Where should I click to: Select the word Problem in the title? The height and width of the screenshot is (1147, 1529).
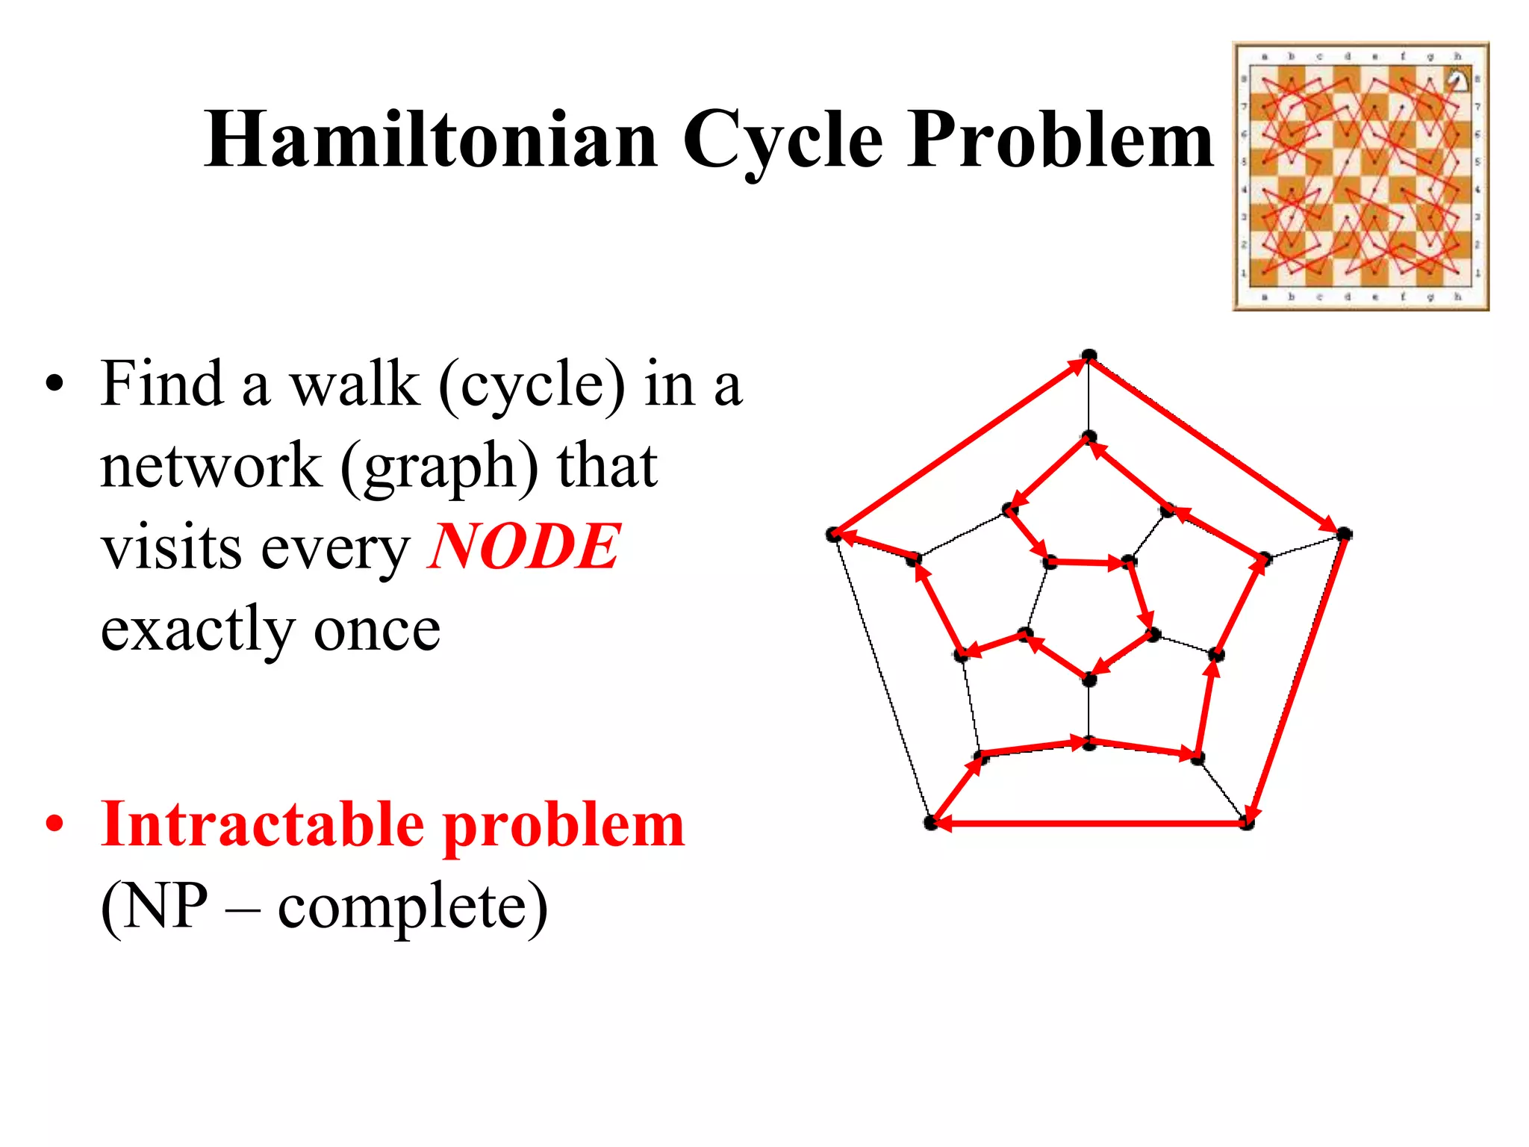1060,140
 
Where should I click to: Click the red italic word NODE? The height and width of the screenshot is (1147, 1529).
523,547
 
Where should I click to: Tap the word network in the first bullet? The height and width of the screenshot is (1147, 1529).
211,466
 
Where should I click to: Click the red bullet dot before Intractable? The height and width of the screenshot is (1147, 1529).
55,824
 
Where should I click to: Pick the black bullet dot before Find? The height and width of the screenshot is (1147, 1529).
55,384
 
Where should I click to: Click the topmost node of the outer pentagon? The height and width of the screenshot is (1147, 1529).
1089,355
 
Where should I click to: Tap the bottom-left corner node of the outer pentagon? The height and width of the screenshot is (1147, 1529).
931,823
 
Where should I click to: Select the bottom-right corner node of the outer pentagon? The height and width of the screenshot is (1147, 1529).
1247,823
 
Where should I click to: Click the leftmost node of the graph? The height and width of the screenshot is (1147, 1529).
834,534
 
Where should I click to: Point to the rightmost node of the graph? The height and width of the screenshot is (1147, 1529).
1344,534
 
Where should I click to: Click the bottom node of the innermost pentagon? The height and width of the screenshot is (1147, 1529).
1089,680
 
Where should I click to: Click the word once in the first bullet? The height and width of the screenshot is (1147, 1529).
377,629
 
